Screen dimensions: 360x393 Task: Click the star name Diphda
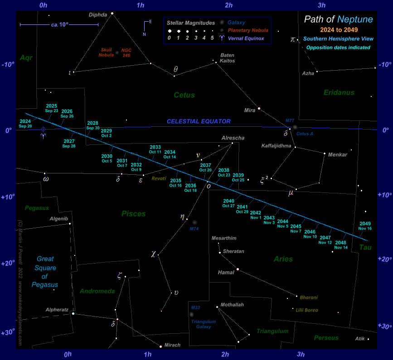click(x=98, y=14)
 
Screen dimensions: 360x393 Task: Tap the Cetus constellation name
click(x=184, y=95)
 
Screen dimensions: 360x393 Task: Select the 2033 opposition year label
click(x=155, y=147)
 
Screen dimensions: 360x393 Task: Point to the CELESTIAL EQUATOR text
click(x=199, y=121)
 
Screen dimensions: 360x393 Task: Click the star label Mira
click(x=250, y=110)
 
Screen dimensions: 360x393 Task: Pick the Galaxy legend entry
click(x=237, y=22)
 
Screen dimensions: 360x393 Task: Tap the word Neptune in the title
click(x=355, y=19)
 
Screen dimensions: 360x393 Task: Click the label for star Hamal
click(x=226, y=273)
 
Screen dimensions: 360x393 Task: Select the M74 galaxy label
click(x=194, y=229)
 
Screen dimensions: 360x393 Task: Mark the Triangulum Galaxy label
click(x=203, y=324)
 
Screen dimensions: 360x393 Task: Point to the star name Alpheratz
click(x=57, y=310)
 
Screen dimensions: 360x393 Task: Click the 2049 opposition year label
click(x=365, y=223)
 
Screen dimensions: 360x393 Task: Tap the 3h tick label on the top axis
click(x=322, y=5)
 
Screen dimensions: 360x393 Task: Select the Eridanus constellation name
click(x=339, y=93)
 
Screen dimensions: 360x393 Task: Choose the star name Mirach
click(x=173, y=345)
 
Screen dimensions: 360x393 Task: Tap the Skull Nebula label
click(x=107, y=52)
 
